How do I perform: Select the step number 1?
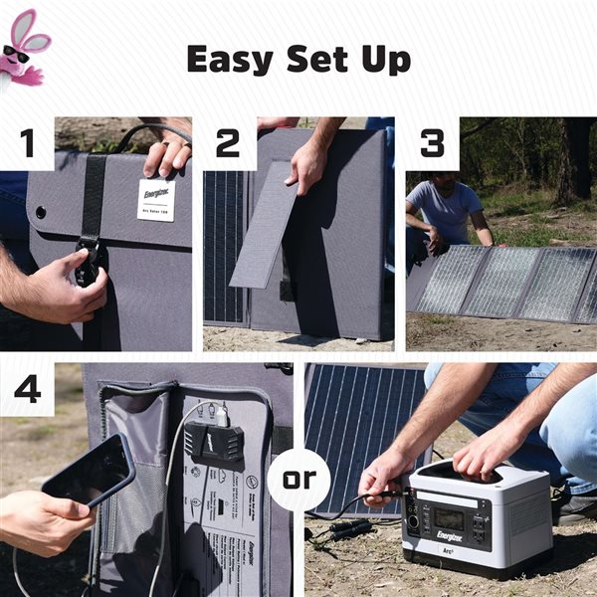coord(27,143)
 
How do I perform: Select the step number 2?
coord(229,143)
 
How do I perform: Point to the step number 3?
coord(432,143)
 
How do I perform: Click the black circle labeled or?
coord(298,479)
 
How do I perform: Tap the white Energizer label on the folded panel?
coord(156,199)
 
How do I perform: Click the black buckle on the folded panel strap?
coord(90,264)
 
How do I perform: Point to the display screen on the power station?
coord(449,519)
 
